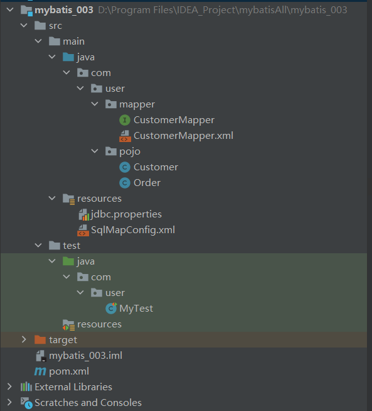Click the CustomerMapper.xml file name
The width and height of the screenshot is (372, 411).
(x=183, y=136)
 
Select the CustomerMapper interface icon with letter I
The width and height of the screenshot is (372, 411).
(x=125, y=120)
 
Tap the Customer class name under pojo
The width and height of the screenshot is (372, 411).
(x=156, y=167)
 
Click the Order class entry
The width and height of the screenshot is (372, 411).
(x=147, y=183)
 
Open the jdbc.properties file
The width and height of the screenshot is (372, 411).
(x=126, y=214)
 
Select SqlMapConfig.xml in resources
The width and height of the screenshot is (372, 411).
(x=133, y=230)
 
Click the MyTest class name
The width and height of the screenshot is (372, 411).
(x=136, y=309)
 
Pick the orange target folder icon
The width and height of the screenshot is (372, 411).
(x=40, y=340)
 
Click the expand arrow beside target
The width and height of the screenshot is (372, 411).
(x=24, y=339)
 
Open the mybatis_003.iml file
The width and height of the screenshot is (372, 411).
(x=85, y=356)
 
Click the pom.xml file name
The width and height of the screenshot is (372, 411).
(x=69, y=371)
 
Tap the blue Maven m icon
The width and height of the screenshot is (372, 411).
(x=40, y=371)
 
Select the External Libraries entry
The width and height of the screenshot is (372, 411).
(x=73, y=387)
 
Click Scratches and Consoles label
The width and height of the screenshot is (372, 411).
(x=88, y=403)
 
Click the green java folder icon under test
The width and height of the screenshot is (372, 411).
(x=68, y=261)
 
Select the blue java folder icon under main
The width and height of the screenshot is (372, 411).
(x=68, y=57)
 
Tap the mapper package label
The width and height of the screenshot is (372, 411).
(x=137, y=104)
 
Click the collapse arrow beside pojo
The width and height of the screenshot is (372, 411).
(x=95, y=151)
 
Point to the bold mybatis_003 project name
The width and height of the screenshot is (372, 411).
(x=64, y=10)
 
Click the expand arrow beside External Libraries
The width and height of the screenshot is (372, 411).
(x=9, y=386)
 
